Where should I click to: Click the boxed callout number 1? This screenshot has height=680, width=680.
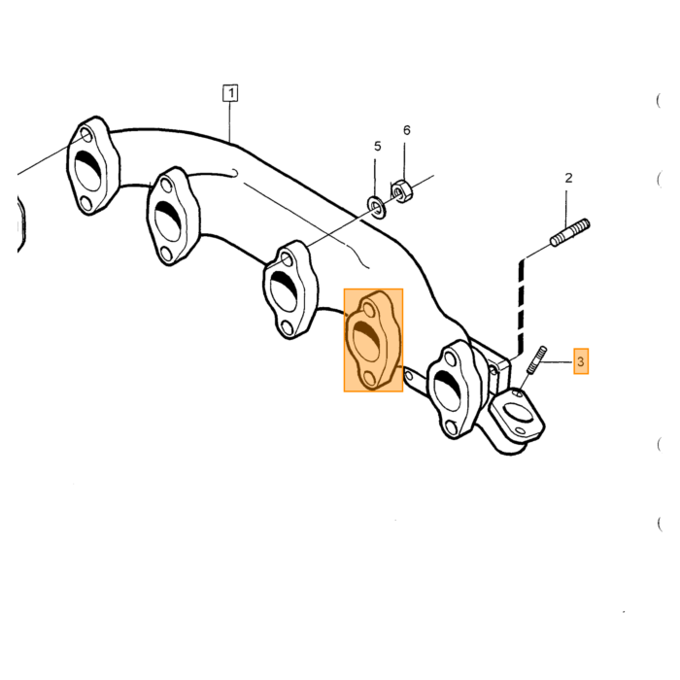(x=231, y=93)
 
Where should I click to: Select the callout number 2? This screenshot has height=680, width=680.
(x=568, y=178)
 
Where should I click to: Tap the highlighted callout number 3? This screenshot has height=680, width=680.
(x=581, y=361)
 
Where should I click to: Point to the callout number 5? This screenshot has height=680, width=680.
(x=377, y=147)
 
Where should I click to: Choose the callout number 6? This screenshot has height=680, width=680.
(x=406, y=130)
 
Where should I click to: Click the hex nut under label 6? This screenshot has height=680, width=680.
(x=402, y=190)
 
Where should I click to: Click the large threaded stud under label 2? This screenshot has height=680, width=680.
(x=570, y=233)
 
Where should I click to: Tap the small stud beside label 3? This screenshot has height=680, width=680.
(x=536, y=360)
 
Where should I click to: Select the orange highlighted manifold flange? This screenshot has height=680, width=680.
(x=373, y=340)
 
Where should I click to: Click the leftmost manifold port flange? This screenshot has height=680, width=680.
(x=93, y=166)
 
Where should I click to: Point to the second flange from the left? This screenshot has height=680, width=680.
(x=173, y=216)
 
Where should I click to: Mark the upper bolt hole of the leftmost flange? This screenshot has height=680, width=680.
(x=86, y=136)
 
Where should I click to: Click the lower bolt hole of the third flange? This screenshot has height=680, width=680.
(x=287, y=328)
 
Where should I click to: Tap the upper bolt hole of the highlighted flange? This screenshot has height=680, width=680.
(x=369, y=311)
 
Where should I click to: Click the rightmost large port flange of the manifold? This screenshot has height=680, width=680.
(x=454, y=390)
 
